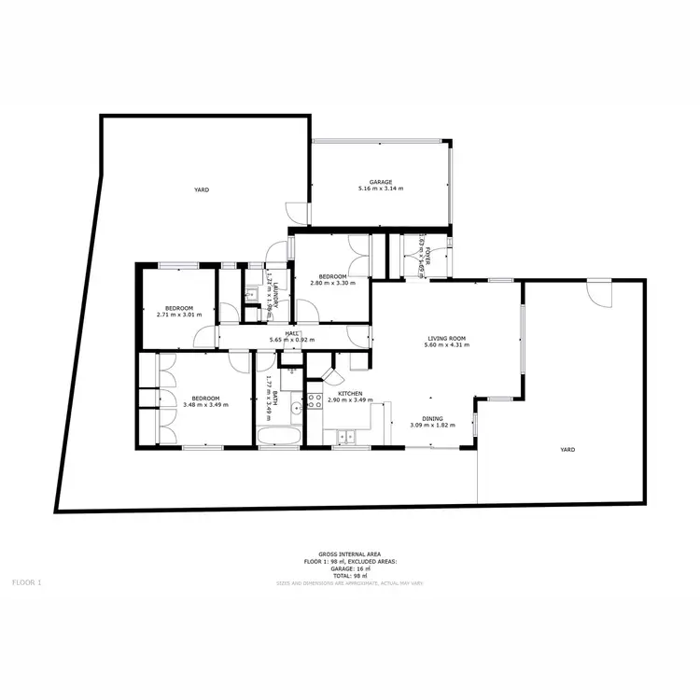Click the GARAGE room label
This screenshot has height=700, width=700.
380,182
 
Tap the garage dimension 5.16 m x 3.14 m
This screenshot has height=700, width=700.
380,189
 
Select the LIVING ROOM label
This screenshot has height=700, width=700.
446,339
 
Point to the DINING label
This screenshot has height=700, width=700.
433,419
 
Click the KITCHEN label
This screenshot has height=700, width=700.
350,394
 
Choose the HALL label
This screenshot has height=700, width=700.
292,333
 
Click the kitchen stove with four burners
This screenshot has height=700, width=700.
315,401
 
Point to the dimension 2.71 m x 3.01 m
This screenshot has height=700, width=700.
179,315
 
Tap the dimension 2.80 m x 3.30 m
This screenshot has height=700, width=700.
332,284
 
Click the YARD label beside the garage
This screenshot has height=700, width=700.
201,189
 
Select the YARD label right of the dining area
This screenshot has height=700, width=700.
567,450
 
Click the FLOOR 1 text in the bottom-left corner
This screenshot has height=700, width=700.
27,582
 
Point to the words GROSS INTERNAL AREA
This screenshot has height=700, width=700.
350,554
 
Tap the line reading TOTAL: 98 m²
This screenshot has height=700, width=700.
350,575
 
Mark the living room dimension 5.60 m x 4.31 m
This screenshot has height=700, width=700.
446,346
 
